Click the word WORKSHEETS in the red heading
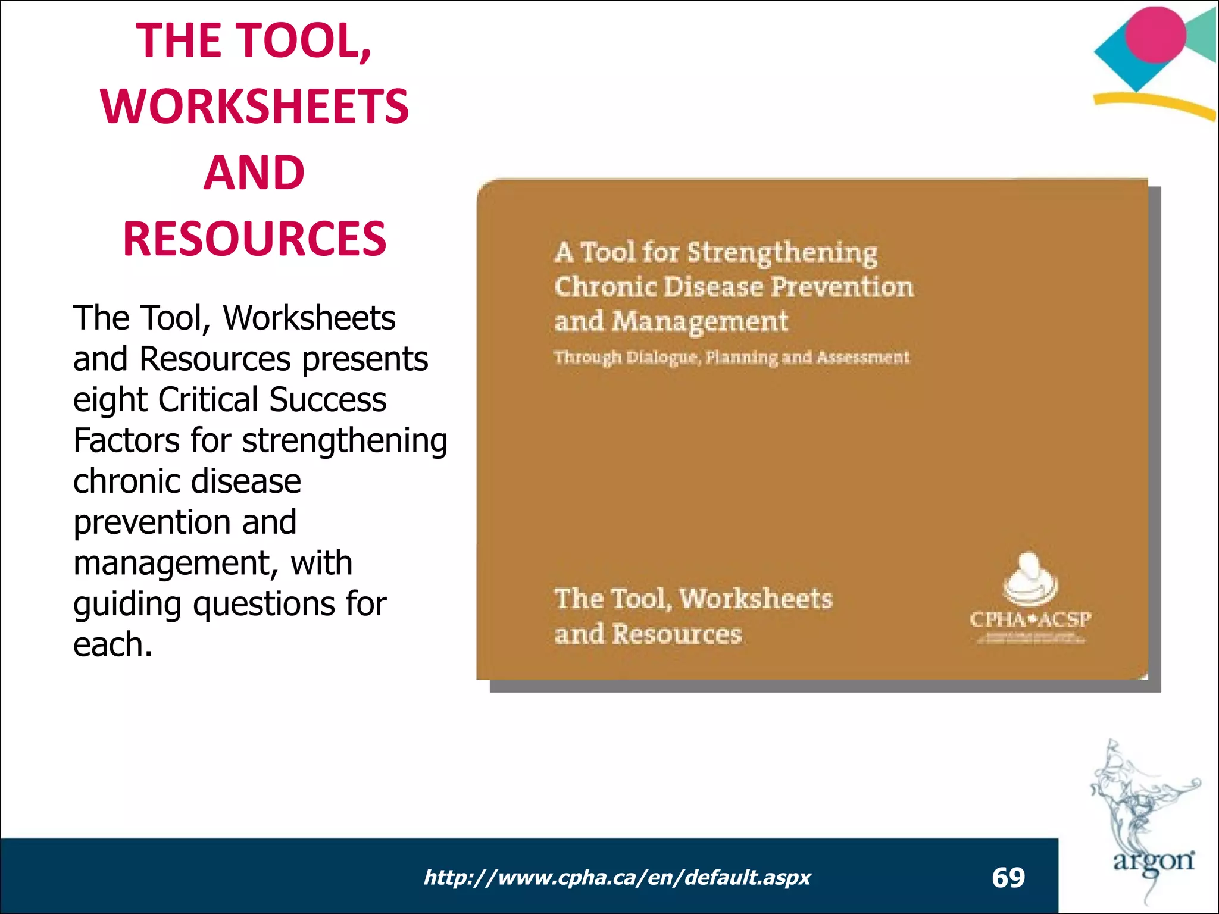(255, 107)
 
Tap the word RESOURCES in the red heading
(255, 239)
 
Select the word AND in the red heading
(254, 173)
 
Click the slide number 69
(1008, 878)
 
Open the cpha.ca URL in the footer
(617, 878)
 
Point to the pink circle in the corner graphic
(1155, 35)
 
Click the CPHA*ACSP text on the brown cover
(1030, 619)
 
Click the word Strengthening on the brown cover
(782, 253)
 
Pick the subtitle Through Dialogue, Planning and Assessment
(732, 358)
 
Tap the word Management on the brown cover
(700, 322)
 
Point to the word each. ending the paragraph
(112, 645)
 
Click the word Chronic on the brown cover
(605, 287)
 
